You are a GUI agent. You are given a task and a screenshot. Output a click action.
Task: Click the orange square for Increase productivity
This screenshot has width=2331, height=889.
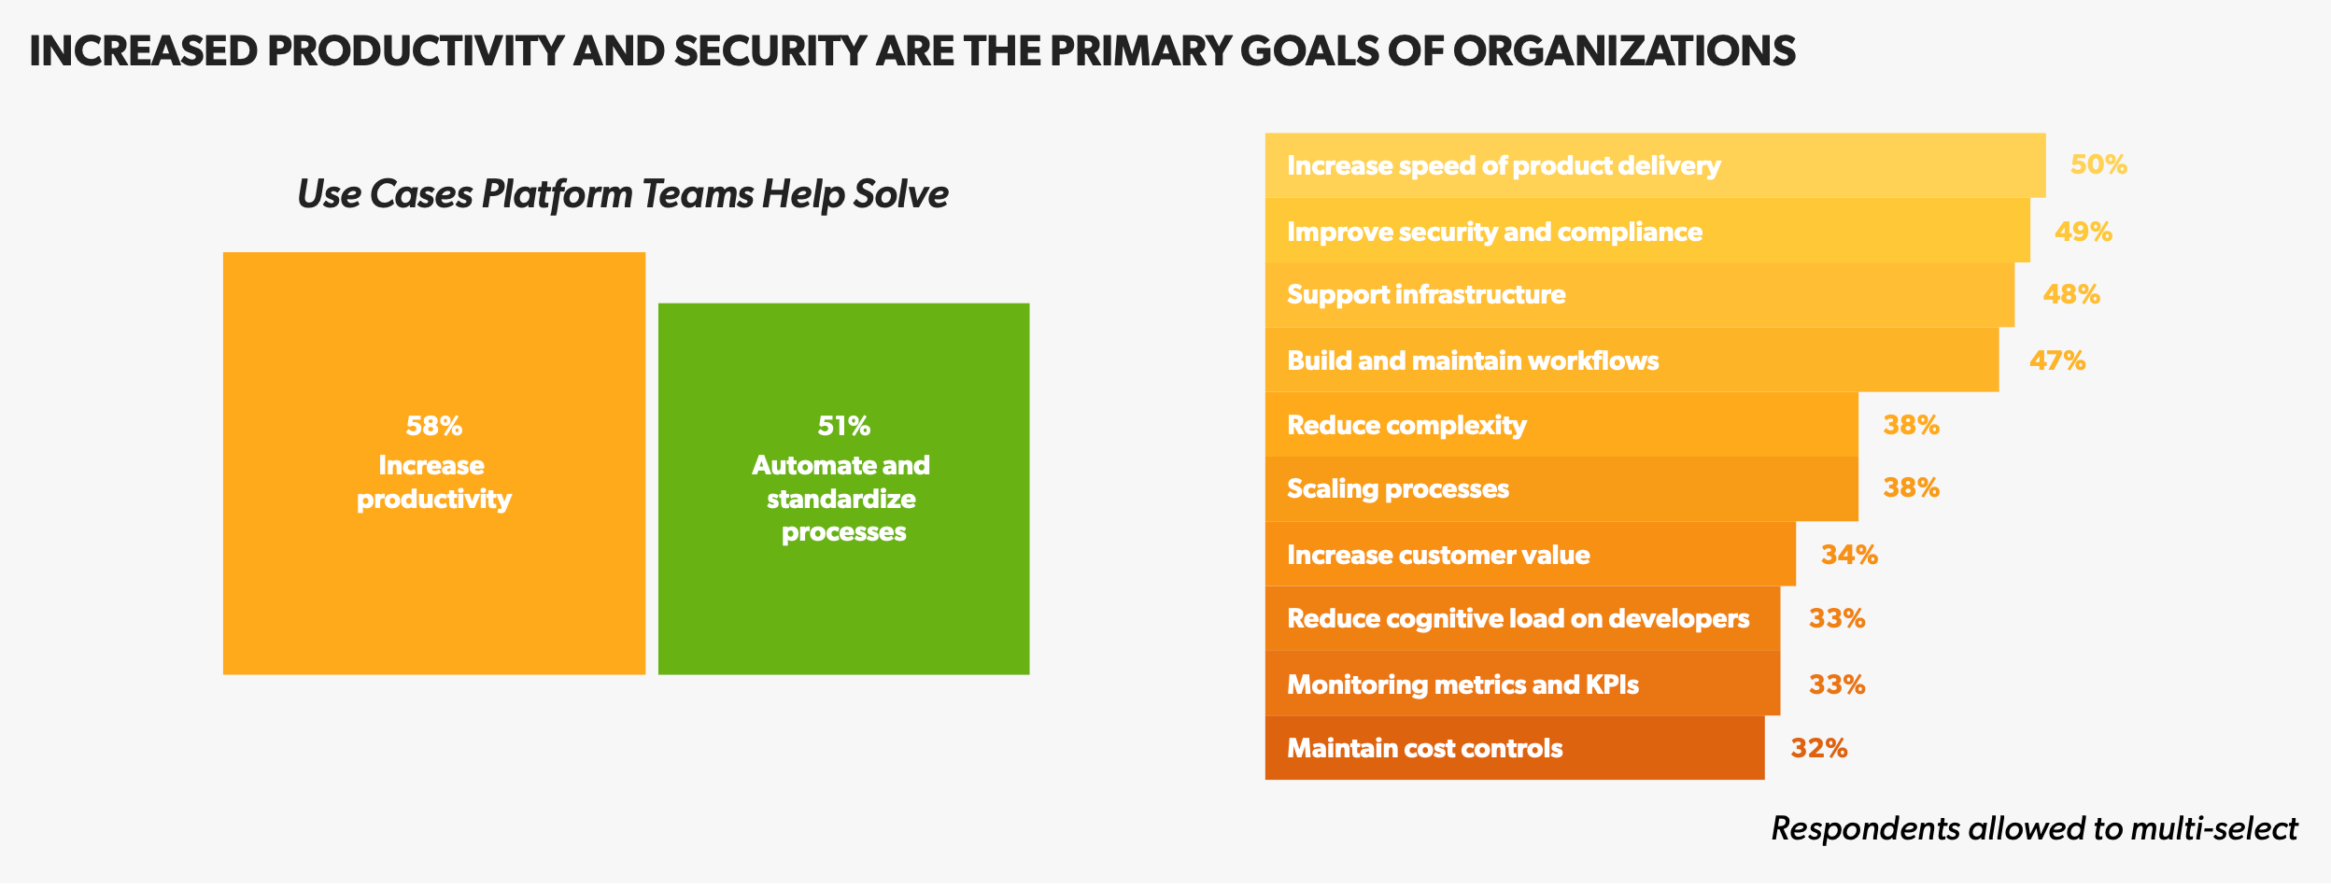point(434,463)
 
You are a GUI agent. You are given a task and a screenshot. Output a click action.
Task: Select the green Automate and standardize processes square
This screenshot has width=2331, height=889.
point(844,488)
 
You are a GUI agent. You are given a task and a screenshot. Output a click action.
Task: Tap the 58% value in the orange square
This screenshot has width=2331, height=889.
point(434,426)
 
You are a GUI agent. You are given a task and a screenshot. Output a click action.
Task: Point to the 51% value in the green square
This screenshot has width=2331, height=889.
point(844,426)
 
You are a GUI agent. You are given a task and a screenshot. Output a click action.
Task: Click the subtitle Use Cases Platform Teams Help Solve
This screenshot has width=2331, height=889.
point(623,194)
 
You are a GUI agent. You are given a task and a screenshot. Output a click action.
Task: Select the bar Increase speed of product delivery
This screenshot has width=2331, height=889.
point(1655,165)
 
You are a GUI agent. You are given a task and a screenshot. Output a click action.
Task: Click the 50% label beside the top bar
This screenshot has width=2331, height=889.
point(2098,165)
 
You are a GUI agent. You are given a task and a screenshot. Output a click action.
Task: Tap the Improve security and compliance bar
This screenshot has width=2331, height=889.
point(1647,231)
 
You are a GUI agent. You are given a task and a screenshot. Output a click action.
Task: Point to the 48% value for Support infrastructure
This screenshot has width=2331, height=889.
point(2071,295)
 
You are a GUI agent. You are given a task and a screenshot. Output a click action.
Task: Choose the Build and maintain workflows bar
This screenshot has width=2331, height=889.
point(1632,360)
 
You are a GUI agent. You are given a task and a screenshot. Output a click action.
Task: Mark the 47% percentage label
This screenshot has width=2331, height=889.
point(2057,360)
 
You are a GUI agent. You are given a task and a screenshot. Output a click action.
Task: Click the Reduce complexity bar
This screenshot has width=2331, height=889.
point(1561,424)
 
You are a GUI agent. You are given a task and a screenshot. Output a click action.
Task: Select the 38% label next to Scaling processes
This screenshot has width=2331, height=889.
point(1912,487)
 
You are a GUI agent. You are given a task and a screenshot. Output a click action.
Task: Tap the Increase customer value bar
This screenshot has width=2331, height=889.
point(1531,554)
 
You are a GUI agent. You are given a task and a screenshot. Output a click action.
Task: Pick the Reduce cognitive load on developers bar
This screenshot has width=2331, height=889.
point(1522,618)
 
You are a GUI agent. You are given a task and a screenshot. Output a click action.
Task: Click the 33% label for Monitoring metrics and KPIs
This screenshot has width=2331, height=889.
point(1837,684)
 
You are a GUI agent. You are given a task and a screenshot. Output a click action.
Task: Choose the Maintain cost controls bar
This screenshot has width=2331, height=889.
point(1515,748)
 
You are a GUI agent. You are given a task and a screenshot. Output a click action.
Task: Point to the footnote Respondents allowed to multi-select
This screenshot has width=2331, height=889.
point(2035,828)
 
